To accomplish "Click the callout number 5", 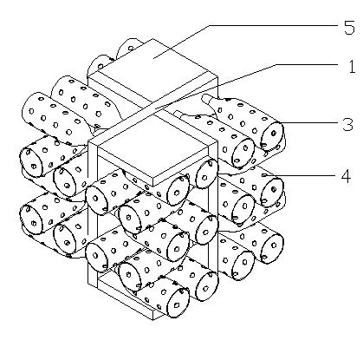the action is coord(349,28).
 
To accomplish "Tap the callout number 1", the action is coord(352,67).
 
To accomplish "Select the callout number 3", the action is coord(347,124).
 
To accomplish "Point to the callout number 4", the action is coord(346,176).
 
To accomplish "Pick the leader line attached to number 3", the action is coord(310,122).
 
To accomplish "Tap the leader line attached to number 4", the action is coord(301,175).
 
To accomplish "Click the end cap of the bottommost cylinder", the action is coord(178,302).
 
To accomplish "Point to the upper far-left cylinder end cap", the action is coord(31,162).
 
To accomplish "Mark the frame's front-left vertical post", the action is coord(93,213).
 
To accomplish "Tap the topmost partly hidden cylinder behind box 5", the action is coord(129,48).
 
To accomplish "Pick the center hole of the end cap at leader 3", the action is coord(274,134).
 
